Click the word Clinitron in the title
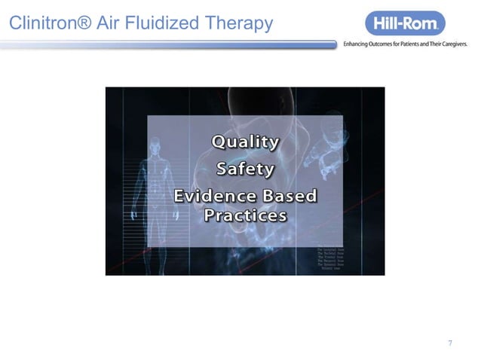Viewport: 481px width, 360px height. tap(42, 25)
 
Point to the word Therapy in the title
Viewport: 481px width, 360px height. tap(234, 26)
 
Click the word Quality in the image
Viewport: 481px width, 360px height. tap(244, 142)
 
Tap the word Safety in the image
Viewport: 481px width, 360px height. tap(244, 167)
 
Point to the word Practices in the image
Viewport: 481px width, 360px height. tap(245, 215)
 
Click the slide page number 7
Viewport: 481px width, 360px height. tap(450, 343)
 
